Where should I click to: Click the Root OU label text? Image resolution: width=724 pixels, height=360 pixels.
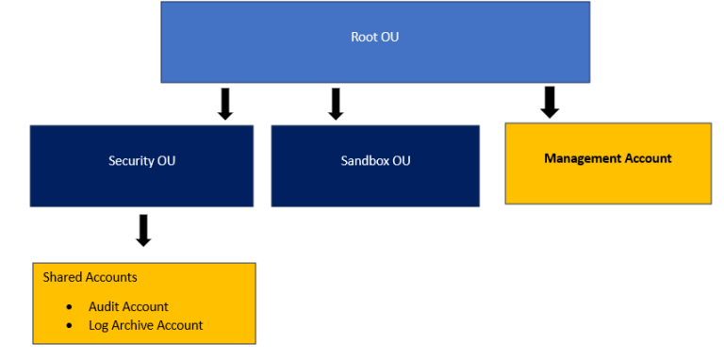[375, 38]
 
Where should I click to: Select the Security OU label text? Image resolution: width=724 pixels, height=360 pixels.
[141, 161]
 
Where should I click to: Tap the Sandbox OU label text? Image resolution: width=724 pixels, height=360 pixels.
[375, 161]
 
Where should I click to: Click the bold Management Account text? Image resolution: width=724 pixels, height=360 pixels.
[608, 158]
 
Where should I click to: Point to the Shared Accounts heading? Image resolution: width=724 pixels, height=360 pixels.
[90, 277]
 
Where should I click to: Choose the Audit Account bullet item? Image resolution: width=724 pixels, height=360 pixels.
[128, 306]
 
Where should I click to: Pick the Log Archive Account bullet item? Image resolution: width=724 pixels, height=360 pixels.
[145, 325]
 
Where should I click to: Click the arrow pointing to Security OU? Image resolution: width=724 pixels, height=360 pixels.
[224, 104]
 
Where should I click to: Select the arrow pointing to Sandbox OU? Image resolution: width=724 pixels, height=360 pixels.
[335, 104]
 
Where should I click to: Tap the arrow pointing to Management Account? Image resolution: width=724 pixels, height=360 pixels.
[550, 102]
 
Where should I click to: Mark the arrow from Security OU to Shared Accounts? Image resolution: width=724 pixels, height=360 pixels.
[143, 230]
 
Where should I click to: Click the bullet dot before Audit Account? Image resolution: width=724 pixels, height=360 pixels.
[70, 307]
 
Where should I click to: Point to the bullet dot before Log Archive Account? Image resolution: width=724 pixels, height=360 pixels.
[70, 326]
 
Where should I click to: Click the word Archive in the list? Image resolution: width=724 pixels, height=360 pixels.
[134, 325]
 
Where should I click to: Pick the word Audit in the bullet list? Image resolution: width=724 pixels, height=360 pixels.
[104, 306]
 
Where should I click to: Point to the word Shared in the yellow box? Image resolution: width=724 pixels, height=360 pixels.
[61, 277]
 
